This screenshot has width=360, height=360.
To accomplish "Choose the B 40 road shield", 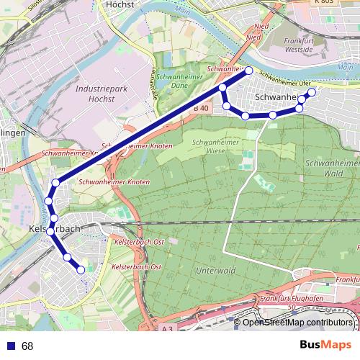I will click(x=201, y=108).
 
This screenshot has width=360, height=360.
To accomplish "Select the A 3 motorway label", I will click(x=168, y=328).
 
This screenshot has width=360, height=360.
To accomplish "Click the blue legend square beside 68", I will click(x=8, y=346).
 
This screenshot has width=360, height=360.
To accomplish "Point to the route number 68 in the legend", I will click(x=27, y=346).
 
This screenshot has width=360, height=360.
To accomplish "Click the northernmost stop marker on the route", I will click(x=249, y=71).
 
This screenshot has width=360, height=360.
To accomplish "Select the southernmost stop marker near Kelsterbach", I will click(x=81, y=270).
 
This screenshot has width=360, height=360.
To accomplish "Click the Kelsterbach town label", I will click(x=54, y=228).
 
